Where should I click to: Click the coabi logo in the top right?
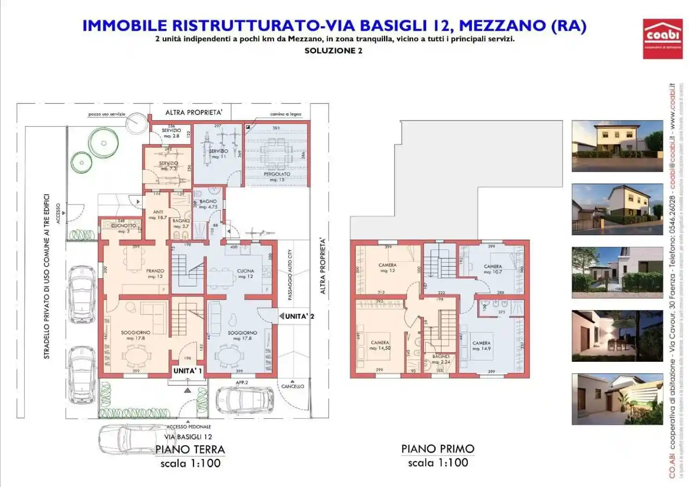tap(662, 38)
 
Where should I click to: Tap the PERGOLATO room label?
tap(277, 174)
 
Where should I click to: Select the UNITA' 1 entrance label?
tap(187, 371)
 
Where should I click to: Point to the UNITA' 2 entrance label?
tap(299, 316)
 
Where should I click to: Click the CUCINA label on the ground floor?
tap(245, 271)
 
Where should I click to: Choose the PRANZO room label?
tap(155, 271)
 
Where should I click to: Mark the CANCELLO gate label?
tap(293, 386)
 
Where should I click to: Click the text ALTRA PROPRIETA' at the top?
tap(194, 113)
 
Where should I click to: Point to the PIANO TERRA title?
tap(190, 449)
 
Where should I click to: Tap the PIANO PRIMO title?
tap(438, 449)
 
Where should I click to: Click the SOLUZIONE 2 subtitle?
tap(333, 51)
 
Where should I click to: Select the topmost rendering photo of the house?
tap(617, 146)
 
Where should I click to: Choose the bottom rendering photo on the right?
tap(617, 399)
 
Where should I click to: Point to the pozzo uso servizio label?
tap(107, 114)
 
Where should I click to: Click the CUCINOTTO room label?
tap(123, 226)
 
